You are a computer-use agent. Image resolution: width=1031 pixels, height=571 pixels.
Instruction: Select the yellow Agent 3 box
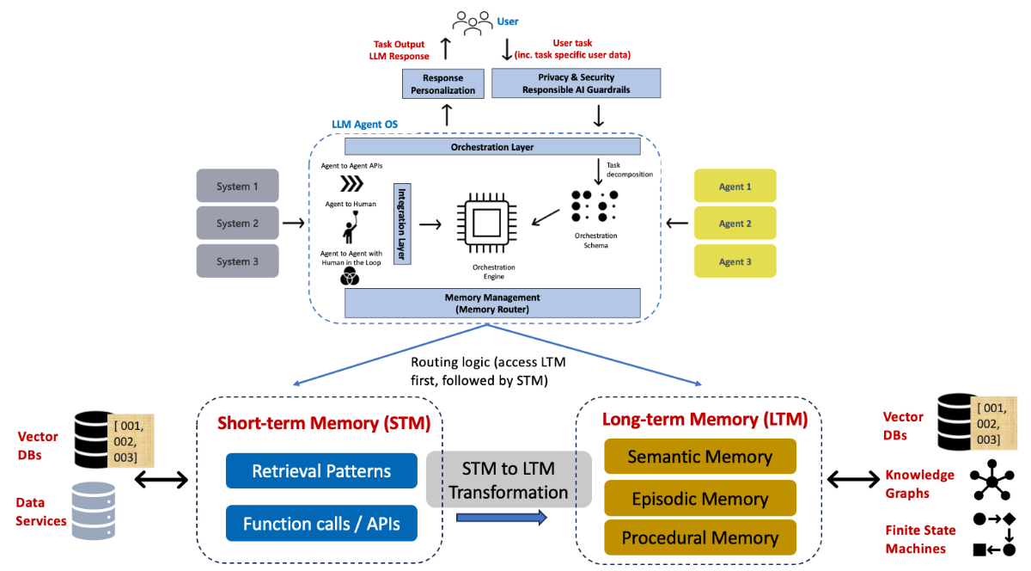[735, 261]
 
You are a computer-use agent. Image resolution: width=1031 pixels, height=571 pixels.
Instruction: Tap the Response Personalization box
[442, 83]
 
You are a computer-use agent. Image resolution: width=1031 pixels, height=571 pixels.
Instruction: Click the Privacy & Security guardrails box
[576, 83]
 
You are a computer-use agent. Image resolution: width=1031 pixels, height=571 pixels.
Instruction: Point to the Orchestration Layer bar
[492, 147]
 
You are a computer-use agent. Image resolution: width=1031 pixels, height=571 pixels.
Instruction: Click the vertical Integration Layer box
[401, 224]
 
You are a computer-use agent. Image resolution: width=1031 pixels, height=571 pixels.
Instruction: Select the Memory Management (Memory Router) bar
[492, 303]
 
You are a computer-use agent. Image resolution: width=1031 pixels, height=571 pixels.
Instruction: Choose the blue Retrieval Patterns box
[321, 470]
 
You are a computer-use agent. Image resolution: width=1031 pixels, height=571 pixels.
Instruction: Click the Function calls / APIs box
[321, 523]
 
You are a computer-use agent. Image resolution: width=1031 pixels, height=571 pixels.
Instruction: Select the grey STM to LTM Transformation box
[509, 479]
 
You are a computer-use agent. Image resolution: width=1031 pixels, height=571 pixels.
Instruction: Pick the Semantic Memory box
[699, 456]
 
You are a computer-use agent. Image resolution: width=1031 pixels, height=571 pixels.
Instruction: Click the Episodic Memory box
[699, 498]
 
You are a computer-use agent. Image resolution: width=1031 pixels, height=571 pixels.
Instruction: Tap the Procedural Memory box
[699, 537]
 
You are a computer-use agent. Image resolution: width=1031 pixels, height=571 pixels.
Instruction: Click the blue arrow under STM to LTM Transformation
[501, 517]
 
